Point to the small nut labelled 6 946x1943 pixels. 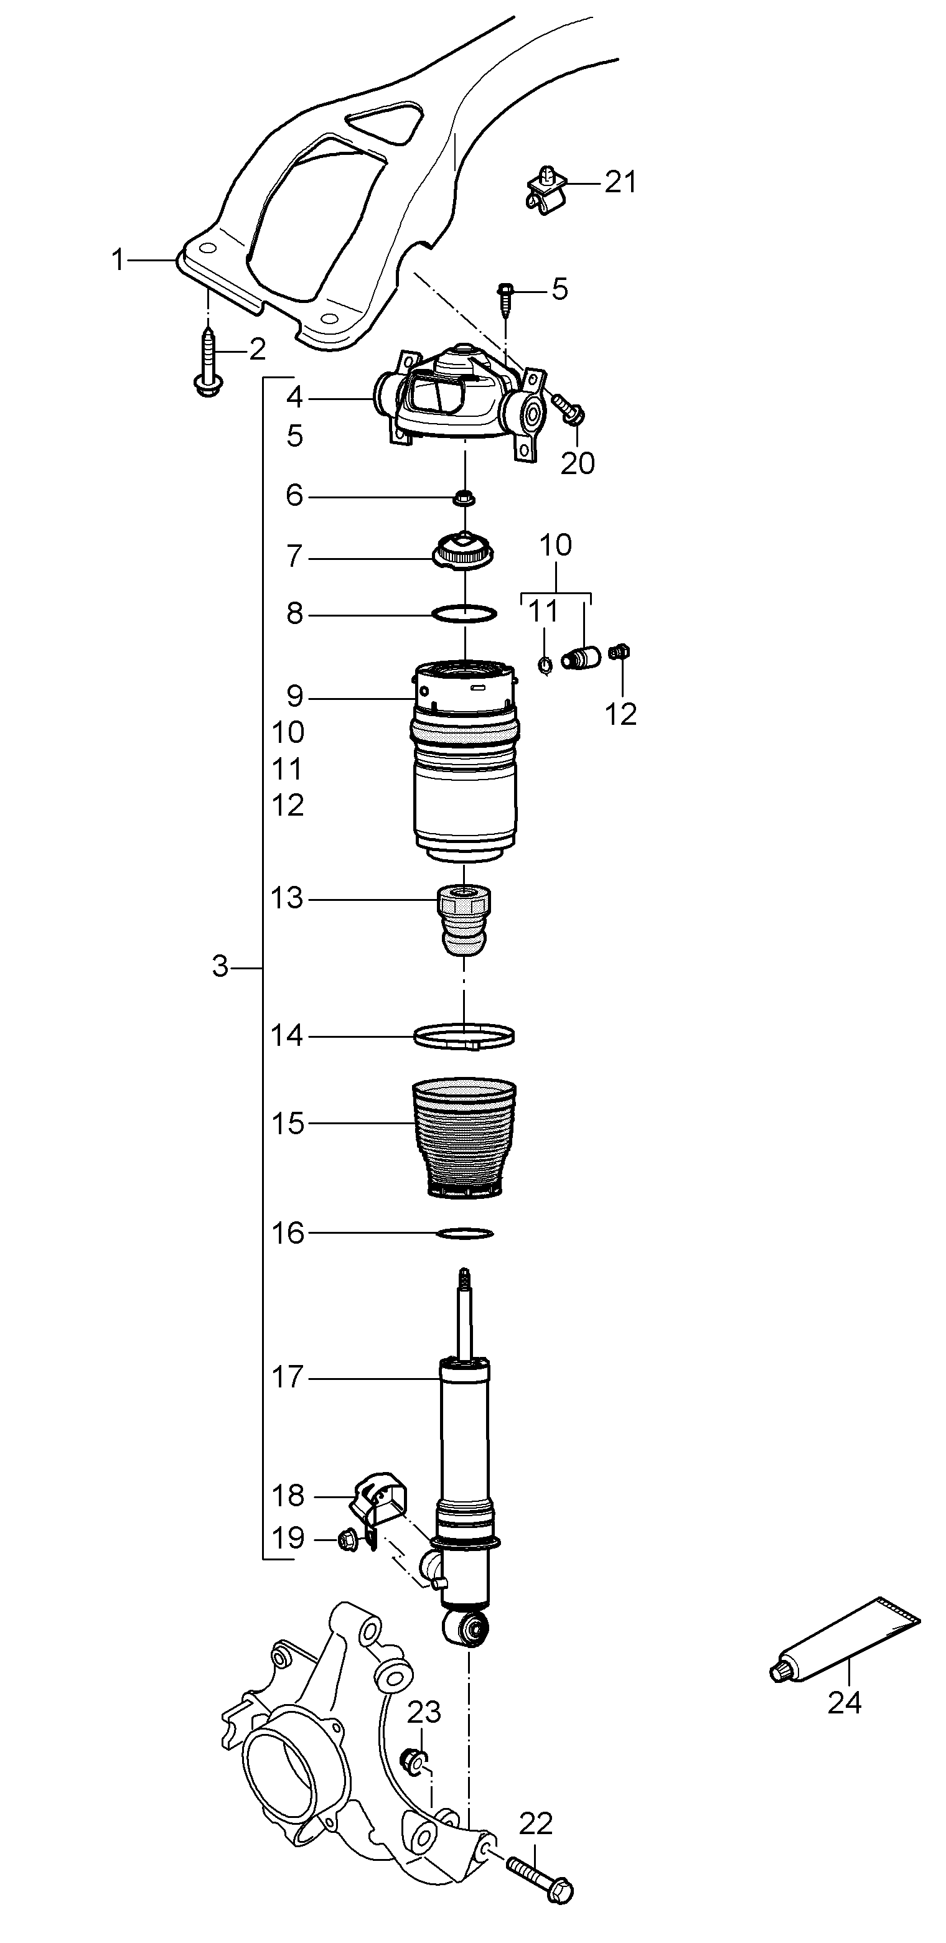[x=464, y=498]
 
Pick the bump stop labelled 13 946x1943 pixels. [x=465, y=921]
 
